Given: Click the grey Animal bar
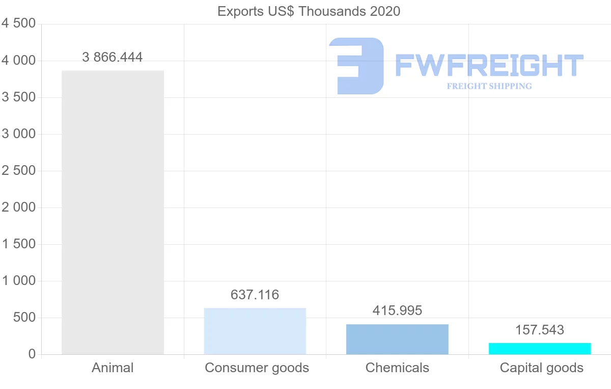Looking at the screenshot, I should pyautogui.click(x=113, y=212).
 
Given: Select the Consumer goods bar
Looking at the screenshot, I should pyautogui.click(x=255, y=331).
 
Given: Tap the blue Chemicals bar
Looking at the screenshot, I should pyautogui.click(x=397, y=339).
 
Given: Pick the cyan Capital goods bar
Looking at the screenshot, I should pyautogui.click(x=540, y=349).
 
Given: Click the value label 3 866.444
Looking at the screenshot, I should pyautogui.click(x=113, y=57).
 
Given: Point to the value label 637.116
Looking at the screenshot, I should pyautogui.click(x=255, y=295).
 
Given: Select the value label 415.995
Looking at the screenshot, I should pyautogui.click(x=397, y=310).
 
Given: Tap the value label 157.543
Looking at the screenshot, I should pyautogui.click(x=540, y=330).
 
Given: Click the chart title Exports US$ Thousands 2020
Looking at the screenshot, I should pyautogui.click(x=309, y=11).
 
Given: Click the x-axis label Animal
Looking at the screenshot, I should pyautogui.click(x=113, y=368).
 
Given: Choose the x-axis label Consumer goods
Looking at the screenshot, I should pyautogui.click(x=257, y=368).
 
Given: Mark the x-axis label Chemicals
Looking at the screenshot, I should pyautogui.click(x=397, y=368).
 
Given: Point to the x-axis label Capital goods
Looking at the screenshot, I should pyautogui.click(x=541, y=368).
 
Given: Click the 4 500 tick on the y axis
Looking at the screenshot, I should pyautogui.click(x=18, y=24).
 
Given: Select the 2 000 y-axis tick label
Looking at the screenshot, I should pyautogui.click(x=18, y=208).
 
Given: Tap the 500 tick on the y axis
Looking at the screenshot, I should pyautogui.click(x=25, y=318).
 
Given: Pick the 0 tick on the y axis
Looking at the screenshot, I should pyautogui.click(x=32, y=354).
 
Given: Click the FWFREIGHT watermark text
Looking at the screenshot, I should pyautogui.click(x=489, y=66).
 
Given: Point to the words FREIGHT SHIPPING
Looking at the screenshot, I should pyautogui.click(x=489, y=86).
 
